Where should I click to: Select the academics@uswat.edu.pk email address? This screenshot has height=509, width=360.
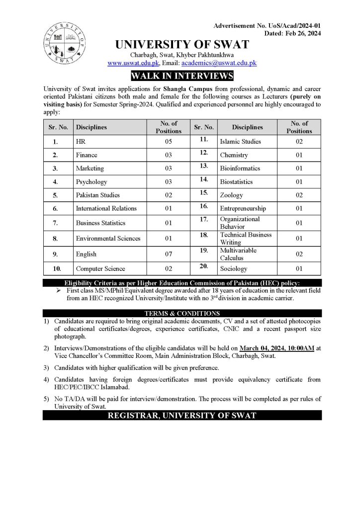point(219,64)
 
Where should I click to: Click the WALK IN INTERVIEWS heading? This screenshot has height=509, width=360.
point(181,76)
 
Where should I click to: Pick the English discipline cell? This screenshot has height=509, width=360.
point(86,254)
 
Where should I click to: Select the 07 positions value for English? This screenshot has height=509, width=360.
point(168,254)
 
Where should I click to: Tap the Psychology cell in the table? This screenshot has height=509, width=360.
point(91,182)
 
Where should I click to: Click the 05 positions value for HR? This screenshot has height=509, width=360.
point(168,142)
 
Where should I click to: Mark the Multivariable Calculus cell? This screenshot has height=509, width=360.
point(239,254)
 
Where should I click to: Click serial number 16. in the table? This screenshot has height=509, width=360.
point(204,206)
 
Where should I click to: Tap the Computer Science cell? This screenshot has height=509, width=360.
point(100,268)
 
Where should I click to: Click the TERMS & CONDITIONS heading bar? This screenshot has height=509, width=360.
point(181,314)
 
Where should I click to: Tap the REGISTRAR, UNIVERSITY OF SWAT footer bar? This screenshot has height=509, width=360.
point(181,415)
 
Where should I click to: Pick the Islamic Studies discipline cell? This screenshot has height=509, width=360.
point(240,142)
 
